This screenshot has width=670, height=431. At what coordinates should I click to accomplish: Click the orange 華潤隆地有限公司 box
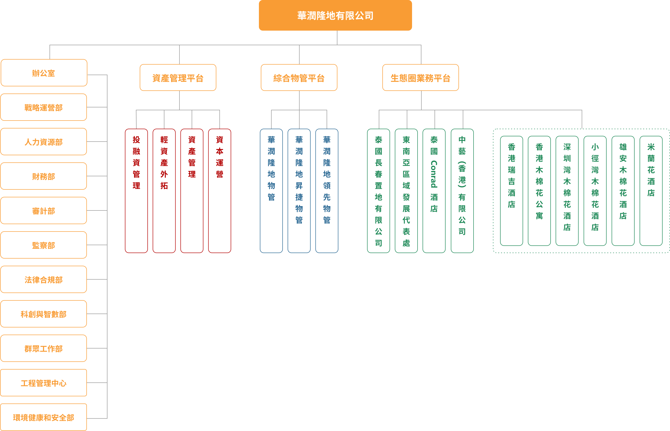coord(335,15)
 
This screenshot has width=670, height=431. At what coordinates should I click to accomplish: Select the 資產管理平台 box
coord(178,78)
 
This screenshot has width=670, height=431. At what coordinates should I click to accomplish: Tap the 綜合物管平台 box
coord(299,78)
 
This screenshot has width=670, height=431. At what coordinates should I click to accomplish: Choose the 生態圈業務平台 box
coord(420,78)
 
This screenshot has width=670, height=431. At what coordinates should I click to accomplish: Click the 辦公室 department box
coord(44,73)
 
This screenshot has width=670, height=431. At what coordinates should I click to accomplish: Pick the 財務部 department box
coord(44,176)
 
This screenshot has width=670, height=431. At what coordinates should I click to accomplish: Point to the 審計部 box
coord(44,210)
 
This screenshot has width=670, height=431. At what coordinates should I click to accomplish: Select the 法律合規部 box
coord(44,279)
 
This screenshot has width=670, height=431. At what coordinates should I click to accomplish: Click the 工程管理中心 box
coord(44,383)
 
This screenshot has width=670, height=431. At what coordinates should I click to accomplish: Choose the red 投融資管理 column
coord(136,191)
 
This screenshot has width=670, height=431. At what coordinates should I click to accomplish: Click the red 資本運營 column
coord(219,191)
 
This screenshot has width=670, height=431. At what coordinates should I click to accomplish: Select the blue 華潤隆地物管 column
coord(271,191)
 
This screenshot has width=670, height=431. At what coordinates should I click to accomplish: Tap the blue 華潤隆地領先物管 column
coord(327,191)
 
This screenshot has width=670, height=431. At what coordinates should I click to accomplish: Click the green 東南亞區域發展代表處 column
coord(406,191)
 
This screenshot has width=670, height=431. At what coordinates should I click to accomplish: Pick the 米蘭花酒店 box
coord(651,191)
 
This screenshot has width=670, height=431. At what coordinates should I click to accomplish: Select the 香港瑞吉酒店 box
coord(511,191)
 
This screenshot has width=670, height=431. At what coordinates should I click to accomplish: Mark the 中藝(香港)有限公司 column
coord(462,191)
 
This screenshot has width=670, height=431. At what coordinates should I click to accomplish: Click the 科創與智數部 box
coord(44,314)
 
